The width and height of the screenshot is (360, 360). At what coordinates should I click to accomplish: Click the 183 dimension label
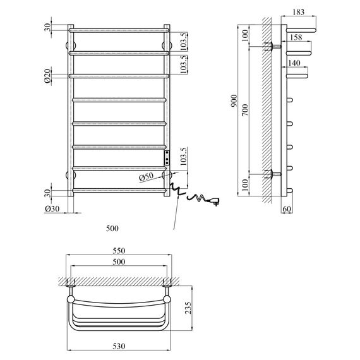tap(299, 12)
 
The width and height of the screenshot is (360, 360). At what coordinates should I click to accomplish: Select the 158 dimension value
tap(296, 37)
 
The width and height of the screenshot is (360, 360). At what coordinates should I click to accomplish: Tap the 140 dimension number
tap(294, 63)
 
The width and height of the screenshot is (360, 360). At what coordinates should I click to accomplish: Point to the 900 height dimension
tap(234, 100)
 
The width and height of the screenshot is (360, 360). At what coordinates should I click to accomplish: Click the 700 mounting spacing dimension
tap(245, 110)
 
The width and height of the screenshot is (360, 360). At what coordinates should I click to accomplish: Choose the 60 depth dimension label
tap(287, 209)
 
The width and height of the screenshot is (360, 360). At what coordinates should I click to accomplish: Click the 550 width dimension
tap(119, 251)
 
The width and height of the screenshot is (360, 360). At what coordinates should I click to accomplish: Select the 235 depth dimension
tap(188, 308)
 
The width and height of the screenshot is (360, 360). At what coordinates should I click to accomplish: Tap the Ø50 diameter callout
tap(147, 177)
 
